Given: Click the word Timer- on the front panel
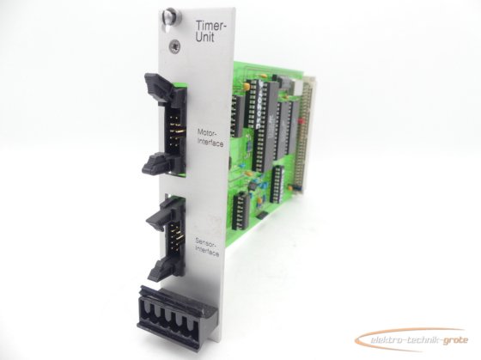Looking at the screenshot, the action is [x=211, y=26].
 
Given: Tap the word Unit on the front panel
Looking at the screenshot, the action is [x=205, y=38].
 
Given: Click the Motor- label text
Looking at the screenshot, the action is [x=207, y=133].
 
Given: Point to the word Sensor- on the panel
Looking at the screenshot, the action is [x=205, y=244].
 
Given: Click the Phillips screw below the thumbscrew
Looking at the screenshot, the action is [x=174, y=46].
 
